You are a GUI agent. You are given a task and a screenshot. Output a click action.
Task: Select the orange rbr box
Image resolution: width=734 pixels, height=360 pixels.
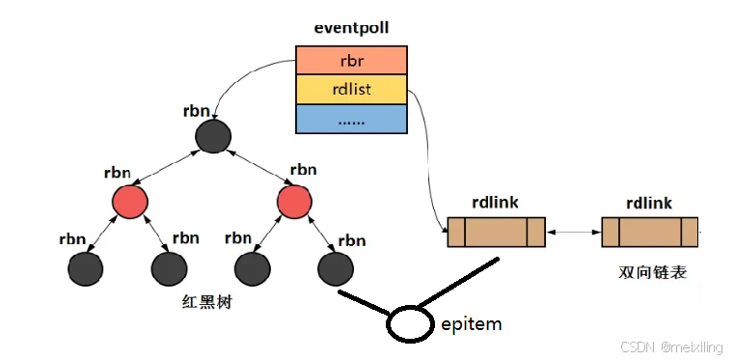coord(351,61)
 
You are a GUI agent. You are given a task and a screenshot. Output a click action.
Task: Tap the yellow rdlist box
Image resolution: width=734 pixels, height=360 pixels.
coord(351,89)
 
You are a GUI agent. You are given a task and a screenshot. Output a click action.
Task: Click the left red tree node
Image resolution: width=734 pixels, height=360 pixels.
coord(128,202)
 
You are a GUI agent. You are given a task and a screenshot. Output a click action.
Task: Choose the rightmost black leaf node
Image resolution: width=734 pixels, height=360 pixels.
coord(334,265)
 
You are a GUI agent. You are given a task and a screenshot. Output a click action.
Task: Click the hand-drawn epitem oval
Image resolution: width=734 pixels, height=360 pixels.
coord(410,323)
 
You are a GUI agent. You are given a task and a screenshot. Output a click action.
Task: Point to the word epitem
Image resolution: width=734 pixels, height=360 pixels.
coord(471,323)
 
